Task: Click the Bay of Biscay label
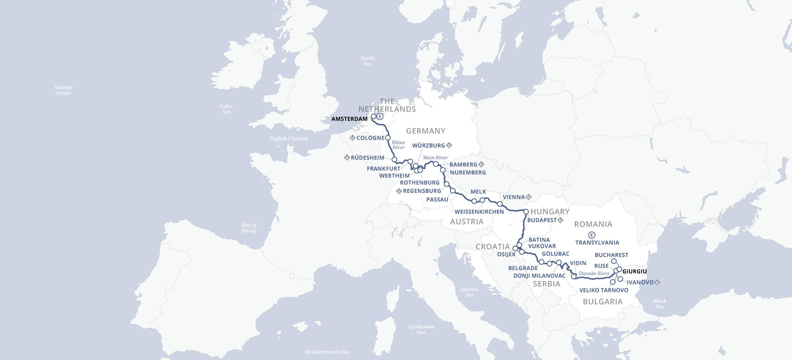click(249, 228)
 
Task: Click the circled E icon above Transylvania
click(592, 235)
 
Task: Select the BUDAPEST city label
click(542, 220)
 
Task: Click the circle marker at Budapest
click(526, 211)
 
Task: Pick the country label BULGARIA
click(603, 302)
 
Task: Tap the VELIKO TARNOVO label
click(604, 290)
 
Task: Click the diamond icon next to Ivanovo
click(657, 283)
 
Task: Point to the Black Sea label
click(659, 304)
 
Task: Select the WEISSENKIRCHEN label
click(479, 212)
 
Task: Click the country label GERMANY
click(426, 131)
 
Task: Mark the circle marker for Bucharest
click(614, 261)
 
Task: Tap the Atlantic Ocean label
click(64, 90)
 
